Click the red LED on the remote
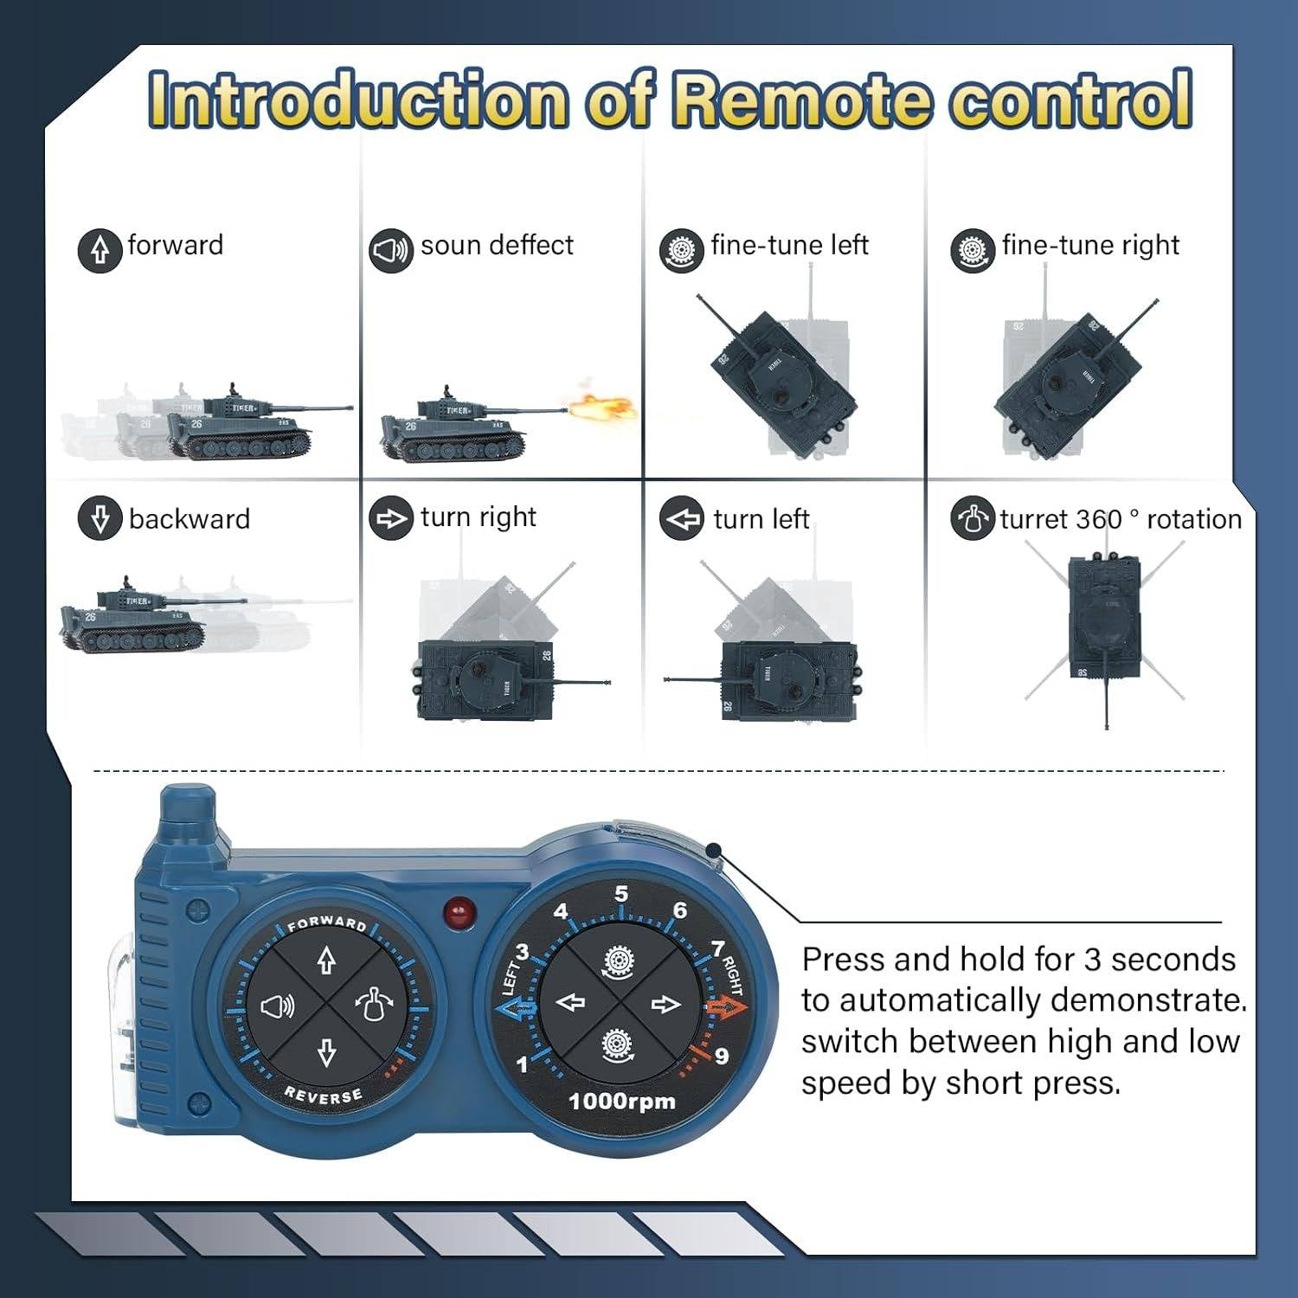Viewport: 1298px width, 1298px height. coord(459,912)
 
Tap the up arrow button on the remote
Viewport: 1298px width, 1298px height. coord(326,960)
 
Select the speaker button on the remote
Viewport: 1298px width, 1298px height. coord(277,1006)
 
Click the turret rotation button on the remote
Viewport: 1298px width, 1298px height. coord(375,1005)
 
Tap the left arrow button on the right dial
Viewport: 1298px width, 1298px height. coord(570,1003)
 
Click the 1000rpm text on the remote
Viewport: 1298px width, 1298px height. coord(621,1102)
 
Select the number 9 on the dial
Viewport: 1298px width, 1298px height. coord(721,1057)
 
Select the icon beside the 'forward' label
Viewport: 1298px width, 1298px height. coord(100,250)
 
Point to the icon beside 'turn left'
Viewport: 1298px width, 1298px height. coord(681,519)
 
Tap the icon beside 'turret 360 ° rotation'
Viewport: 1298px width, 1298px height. coord(972,519)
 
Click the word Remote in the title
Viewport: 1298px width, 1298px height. coord(804,100)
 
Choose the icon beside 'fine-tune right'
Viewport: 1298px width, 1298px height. coord(972,251)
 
